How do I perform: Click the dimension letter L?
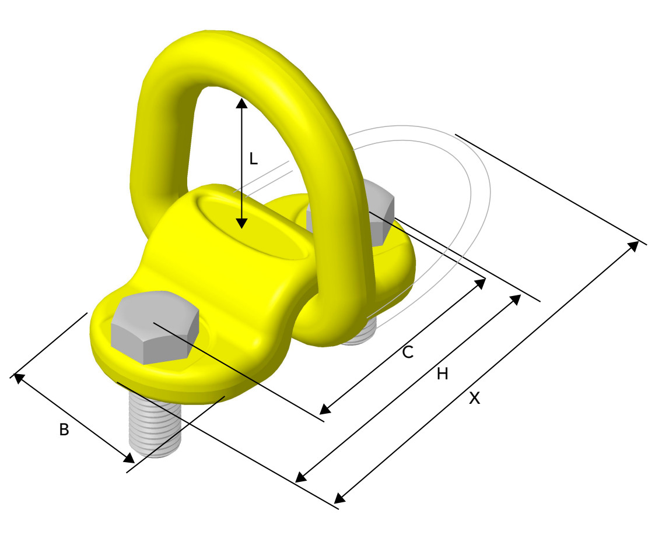[253, 159]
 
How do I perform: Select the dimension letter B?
[64, 430]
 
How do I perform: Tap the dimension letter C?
[408, 352]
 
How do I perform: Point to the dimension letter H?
[443, 374]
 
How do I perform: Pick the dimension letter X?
[475, 399]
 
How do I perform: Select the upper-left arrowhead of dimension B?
[18, 377]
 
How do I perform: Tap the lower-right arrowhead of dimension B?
[129, 459]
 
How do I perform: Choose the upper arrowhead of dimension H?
[516, 298]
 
